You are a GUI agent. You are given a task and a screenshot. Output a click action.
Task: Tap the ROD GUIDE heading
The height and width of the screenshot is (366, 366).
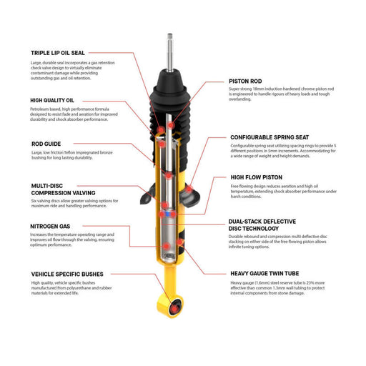(x=47, y=144)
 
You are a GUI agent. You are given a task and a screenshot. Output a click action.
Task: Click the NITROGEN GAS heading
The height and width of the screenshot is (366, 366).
(x=50, y=227)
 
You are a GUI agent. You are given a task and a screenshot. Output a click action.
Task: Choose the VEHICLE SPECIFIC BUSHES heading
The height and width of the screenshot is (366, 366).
(x=67, y=274)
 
